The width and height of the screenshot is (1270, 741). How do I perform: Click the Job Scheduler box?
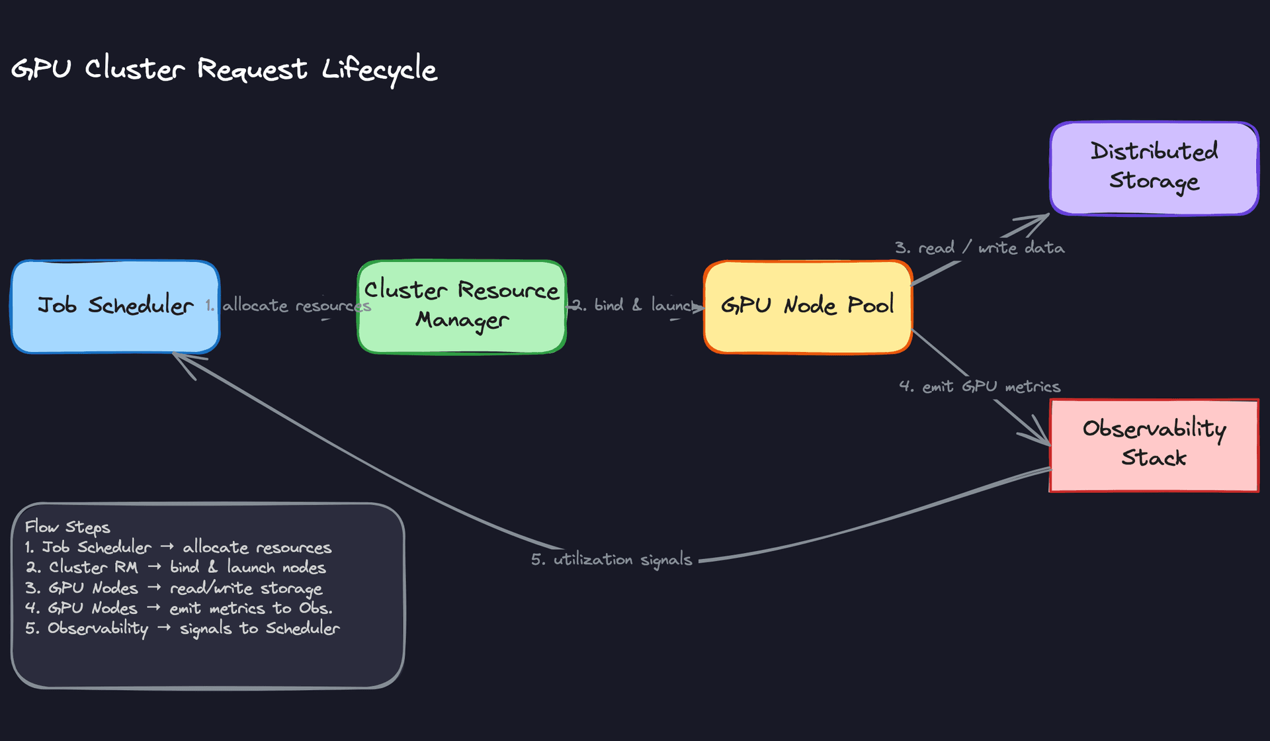coord(115,306)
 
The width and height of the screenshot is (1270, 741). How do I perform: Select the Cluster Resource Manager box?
coord(462,306)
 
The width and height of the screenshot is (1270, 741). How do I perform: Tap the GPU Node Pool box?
coord(808,306)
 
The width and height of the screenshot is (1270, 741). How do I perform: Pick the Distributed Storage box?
coord(1154,168)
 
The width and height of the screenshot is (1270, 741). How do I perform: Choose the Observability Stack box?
coord(1154,445)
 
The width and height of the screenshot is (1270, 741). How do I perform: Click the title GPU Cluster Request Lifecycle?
coord(224,69)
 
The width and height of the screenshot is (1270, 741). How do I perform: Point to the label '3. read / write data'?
coord(979,248)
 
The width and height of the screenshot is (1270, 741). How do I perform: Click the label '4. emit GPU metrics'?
coord(979,386)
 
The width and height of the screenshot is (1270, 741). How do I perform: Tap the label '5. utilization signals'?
coord(611,560)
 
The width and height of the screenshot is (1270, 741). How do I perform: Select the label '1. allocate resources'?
coord(288,306)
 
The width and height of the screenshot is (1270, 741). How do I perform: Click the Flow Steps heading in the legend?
coord(67,527)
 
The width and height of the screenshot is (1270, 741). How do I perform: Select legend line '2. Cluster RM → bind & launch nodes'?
coord(176,568)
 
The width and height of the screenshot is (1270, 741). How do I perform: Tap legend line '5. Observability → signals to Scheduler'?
coord(183,629)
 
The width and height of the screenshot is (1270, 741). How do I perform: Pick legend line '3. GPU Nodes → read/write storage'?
coord(174,588)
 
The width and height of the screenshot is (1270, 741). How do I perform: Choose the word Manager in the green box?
coord(462,320)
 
